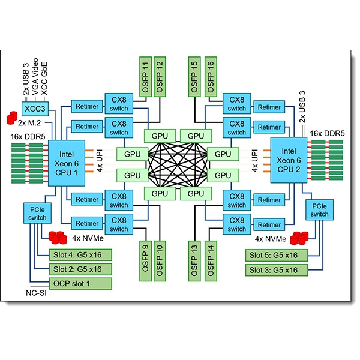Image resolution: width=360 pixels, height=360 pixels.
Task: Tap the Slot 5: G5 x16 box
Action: (275, 254)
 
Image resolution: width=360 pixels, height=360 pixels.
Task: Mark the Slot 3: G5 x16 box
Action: (275, 269)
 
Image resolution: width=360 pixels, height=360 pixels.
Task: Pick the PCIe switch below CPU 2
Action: (319, 209)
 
